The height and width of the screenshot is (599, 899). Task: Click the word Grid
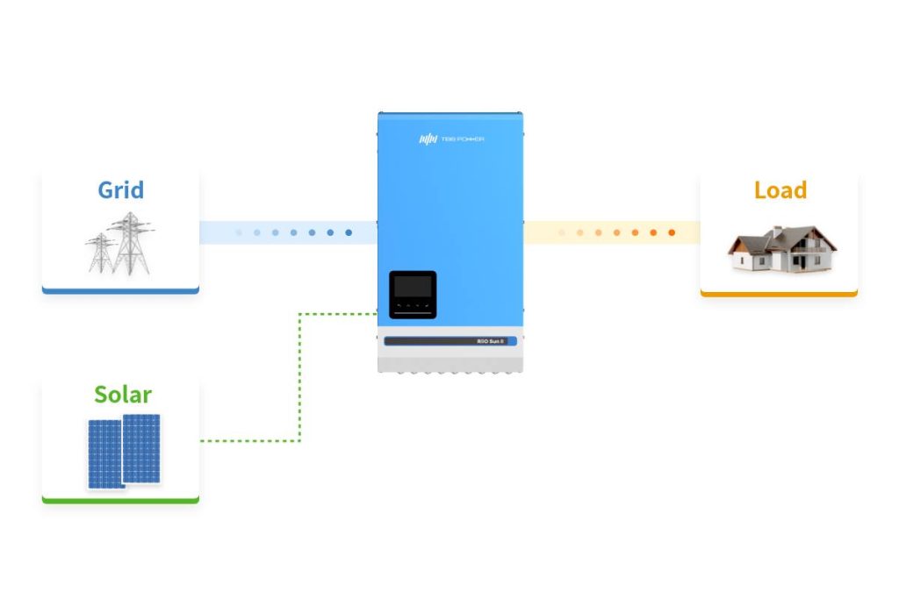coord(120,189)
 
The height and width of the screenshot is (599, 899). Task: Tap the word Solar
coord(122,395)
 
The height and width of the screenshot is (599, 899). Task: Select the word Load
coord(780,189)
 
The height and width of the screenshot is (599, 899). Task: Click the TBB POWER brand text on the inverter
coord(464,139)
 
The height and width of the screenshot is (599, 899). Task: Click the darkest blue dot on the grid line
coord(349,232)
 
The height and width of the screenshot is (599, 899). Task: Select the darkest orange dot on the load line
coord(672,232)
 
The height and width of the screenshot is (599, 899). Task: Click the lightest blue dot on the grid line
coord(238,232)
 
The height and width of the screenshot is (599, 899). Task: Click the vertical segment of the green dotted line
coord(300,377)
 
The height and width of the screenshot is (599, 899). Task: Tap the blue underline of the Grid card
coord(120,290)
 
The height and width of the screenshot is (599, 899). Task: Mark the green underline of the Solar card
coord(120,501)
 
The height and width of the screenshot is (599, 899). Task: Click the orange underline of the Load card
coord(779,294)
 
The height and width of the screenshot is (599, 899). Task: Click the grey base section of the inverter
coord(450,360)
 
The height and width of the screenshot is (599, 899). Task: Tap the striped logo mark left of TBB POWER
coord(427,139)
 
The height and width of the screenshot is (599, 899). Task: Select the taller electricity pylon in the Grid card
coord(131,242)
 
